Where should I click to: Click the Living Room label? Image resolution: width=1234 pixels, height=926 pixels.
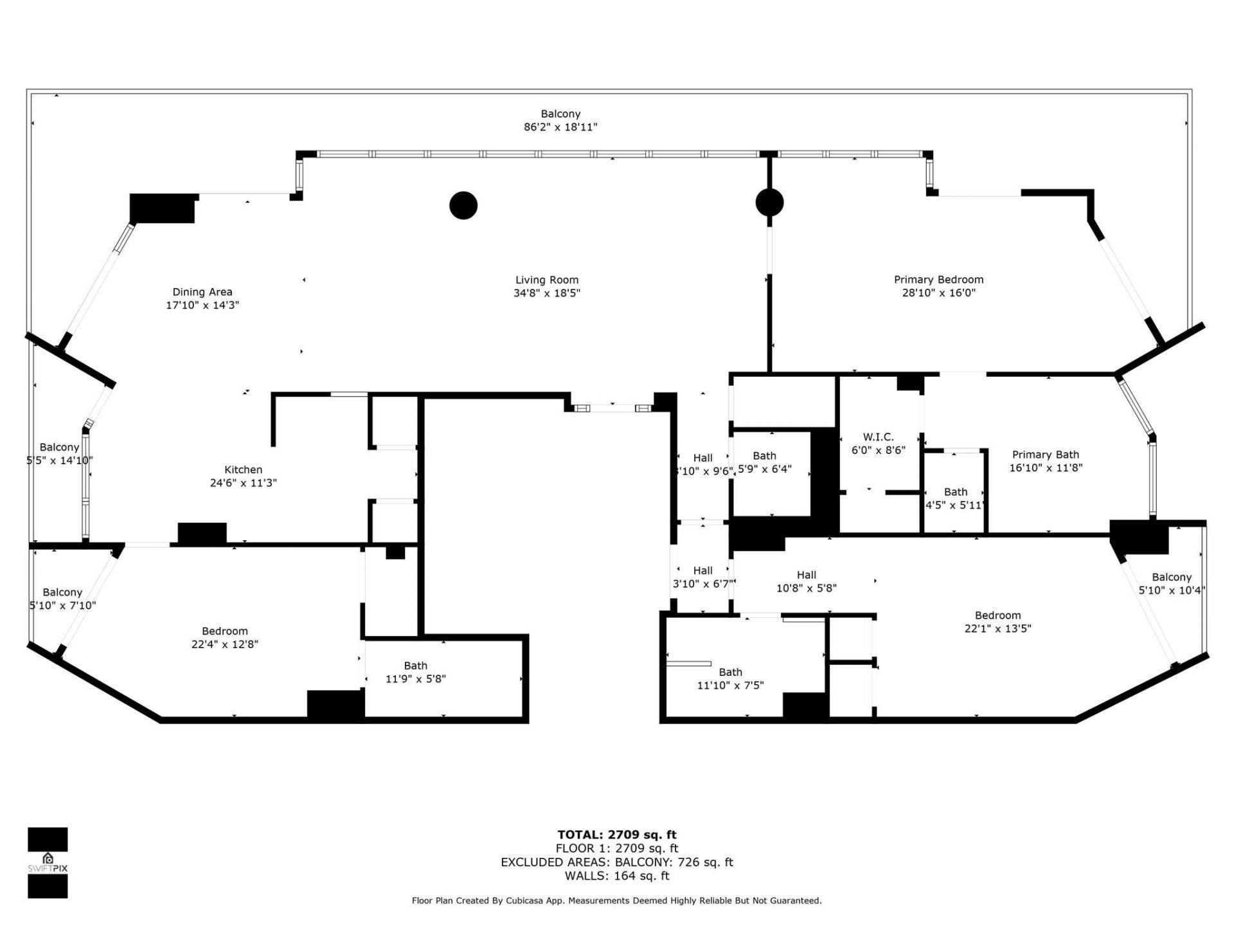pos(546,280)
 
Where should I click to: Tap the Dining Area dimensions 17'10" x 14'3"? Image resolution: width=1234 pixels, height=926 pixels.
pos(202,305)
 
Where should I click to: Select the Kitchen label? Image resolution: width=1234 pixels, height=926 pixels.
pos(243,470)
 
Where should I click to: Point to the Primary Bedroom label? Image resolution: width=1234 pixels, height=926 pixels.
pos(938,280)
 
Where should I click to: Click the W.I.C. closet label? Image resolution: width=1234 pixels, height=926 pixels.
pos(878,437)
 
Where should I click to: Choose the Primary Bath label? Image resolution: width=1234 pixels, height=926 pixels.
pos(1045,455)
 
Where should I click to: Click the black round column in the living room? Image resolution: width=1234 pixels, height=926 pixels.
pos(463,206)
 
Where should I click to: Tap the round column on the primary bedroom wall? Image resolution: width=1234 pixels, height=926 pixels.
pos(769,203)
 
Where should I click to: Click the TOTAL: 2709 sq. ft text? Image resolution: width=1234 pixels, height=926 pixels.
pos(616,835)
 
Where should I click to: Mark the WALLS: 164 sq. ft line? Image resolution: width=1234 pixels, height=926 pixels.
pos(616,876)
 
